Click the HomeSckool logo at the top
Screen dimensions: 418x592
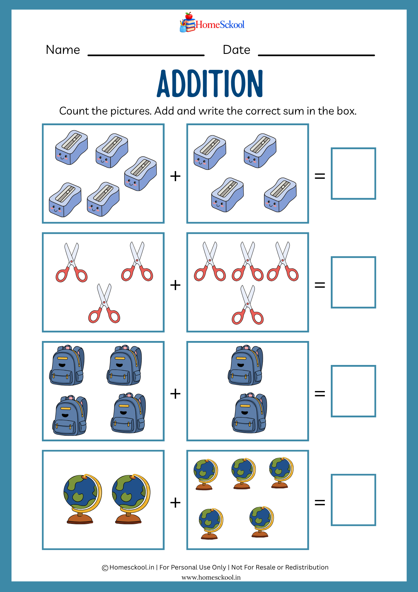tap(212, 22)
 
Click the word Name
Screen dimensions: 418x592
tap(63, 50)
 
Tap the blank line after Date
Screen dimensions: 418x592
tap(316, 55)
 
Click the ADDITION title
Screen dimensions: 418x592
tap(210, 83)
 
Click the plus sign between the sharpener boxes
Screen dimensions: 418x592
tap(175, 176)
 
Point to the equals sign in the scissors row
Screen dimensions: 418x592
tap(320, 285)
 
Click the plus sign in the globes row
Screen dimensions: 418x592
tap(175, 503)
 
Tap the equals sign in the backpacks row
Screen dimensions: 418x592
tap(320, 394)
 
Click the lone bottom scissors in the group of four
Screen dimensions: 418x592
tap(248, 305)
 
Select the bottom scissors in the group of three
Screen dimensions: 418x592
tap(104, 303)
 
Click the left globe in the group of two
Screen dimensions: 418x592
tap(82, 499)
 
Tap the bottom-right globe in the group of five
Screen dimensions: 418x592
tap(261, 522)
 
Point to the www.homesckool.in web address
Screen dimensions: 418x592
tap(211, 577)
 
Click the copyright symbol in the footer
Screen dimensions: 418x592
tap(105, 568)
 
